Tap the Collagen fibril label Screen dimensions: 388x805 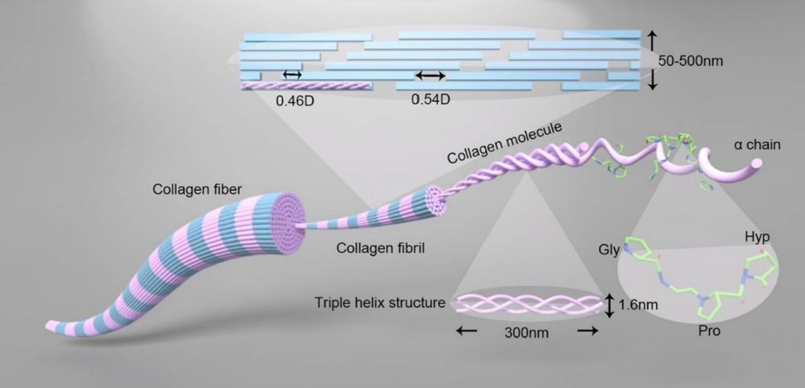pyautogui.click(x=369, y=249)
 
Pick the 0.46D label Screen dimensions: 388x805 pyautogui.click(x=295, y=101)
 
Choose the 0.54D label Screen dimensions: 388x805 pyautogui.click(x=430, y=100)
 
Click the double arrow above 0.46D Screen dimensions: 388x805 pyautogui.click(x=292, y=74)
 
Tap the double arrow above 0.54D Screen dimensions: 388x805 pyautogui.click(x=430, y=75)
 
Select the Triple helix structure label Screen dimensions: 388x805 pyautogui.click(x=380, y=302)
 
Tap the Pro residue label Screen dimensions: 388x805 pyautogui.click(x=708, y=331)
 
